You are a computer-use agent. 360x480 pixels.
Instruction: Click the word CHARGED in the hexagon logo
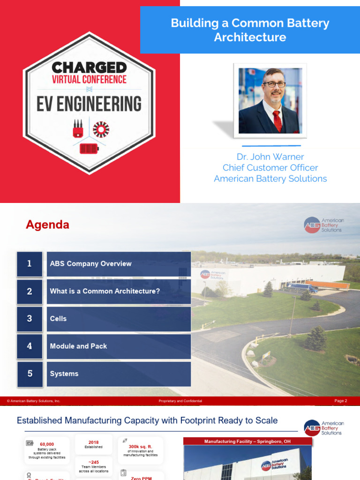tap(89, 67)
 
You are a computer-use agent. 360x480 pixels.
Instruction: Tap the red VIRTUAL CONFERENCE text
tap(89, 79)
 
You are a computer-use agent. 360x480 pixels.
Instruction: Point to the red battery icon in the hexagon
tap(89, 149)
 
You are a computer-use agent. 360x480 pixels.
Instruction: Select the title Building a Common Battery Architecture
tap(250, 30)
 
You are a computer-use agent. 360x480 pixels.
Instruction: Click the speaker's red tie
tap(277, 120)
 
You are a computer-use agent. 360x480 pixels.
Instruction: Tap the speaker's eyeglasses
tap(274, 84)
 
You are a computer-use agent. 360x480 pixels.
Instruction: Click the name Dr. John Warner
tap(270, 157)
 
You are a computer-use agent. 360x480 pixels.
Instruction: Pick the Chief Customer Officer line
tap(270, 167)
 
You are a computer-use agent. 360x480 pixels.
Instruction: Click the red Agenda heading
tap(47, 225)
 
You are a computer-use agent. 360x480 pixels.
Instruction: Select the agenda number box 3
tap(30, 319)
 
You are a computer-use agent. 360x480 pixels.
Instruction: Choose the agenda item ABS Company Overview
tap(91, 263)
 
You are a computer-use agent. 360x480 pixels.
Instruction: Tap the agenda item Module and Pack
tap(78, 346)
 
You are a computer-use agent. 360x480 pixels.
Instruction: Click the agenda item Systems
tap(64, 374)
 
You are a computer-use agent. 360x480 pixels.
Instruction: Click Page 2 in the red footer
tap(341, 401)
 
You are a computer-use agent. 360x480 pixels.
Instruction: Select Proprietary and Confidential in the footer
tap(180, 401)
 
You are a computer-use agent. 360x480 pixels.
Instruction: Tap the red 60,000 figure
tap(47, 444)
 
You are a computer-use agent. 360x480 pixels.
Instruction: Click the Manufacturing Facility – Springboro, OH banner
tap(247, 442)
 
